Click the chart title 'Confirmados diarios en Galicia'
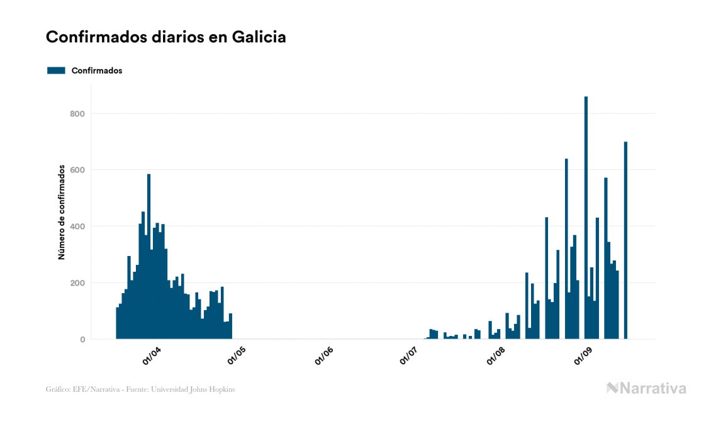click(x=166, y=37)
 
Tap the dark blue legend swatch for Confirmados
click(x=56, y=70)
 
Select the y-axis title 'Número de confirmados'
click(x=62, y=212)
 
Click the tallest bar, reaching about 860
click(x=586, y=220)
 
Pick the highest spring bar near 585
click(x=148, y=258)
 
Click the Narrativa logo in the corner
click(x=646, y=388)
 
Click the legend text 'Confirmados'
click(x=97, y=70)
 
